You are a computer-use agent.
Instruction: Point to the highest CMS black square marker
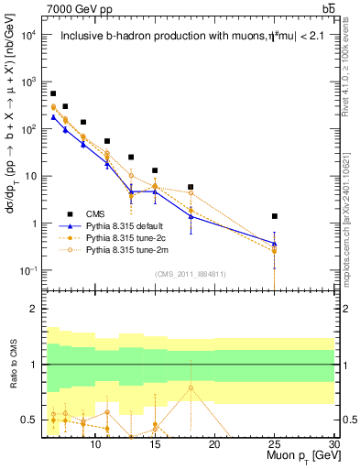pos(53,93)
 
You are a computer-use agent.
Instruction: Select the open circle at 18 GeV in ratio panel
pos(191,387)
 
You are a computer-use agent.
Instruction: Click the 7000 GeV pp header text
pos(75,9)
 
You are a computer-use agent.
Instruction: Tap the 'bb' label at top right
pos(328,9)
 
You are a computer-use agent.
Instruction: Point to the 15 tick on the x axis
pos(155,444)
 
